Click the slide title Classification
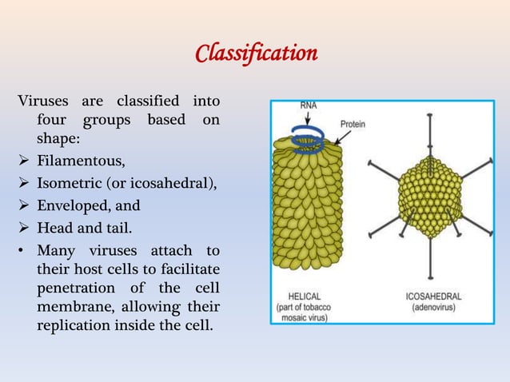pos(257,54)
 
